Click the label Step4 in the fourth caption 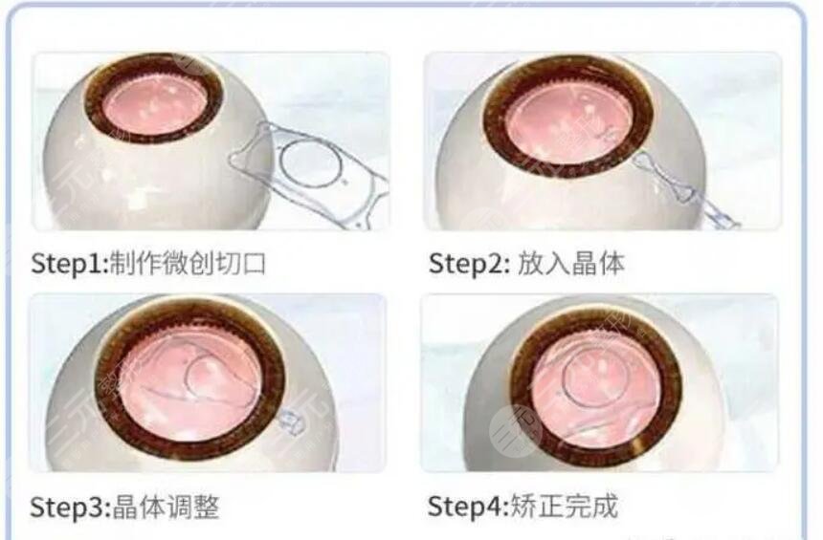(464, 506)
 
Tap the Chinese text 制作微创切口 (187, 263)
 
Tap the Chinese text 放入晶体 (570, 263)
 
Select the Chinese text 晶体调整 (167, 506)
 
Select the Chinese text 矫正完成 (566, 506)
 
